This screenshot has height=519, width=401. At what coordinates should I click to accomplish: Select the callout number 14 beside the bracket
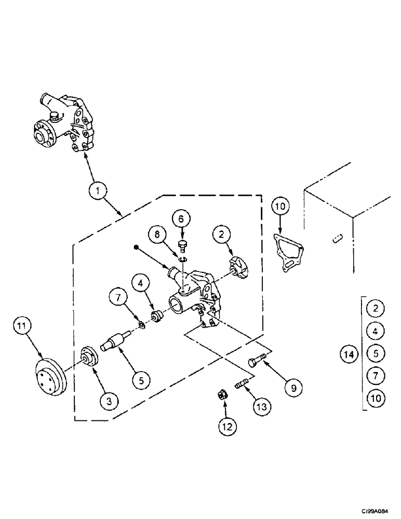(x=350, y=354)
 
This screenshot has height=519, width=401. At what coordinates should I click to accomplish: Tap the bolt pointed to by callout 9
(x=258, y=361)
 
